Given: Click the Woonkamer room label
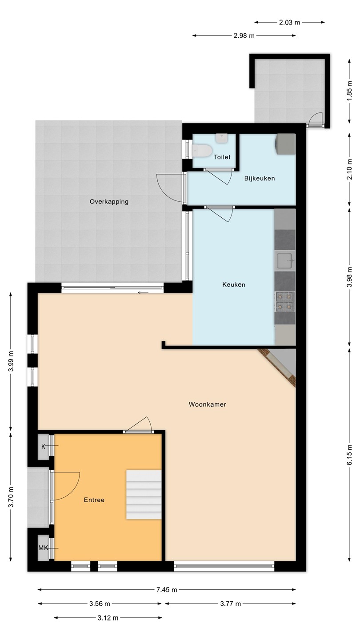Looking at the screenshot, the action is pyautogui.click(x=208, y=404).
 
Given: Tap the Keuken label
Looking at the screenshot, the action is pyautogui.click(x=234, y=284).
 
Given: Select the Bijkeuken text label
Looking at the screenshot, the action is pyautogui.click(x=260, y=178).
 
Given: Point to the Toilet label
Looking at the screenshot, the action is pyautogui.click(x=222, y=157).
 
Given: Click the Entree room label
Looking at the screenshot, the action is pyautogui.click(x=94, y=500).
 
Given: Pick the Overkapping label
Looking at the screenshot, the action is pyautogui.click(x=109, y=202).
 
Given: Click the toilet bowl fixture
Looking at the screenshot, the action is pyautogui.click(x=202, y=150).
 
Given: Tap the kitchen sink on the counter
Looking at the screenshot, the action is pyautogui.click(x=284, y=261).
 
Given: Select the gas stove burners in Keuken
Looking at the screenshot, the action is pyautogui.click(x=284, y=301).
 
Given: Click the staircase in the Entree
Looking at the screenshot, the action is pyautogui.click(x=144, y=495).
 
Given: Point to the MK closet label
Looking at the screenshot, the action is pyautogui.click(x=44, y=548).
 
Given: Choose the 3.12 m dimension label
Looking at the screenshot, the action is pyautogui.click(x=108, y=618).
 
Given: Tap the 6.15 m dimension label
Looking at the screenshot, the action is pyautogui.click(x=349, y=455).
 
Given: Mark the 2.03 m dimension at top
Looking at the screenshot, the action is pyautogui.click(x=289, y=22).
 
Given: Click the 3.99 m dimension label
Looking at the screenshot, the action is pyautogui.click(x=11, y=361).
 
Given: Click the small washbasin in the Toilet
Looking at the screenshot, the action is pyautogui.click(x=222, y=139).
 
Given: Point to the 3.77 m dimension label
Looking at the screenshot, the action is pyautogui.click(x=231, y=604).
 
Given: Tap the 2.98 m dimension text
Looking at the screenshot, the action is pyautogui.click(x=244, y=36).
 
